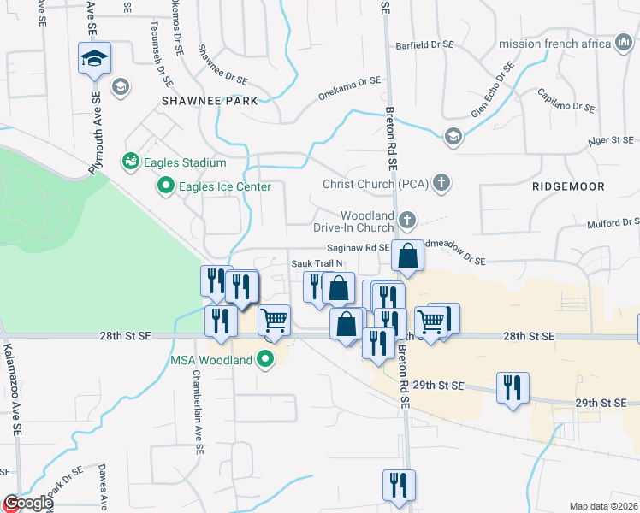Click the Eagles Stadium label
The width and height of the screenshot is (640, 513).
185,162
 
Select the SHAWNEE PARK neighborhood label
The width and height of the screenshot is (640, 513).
209,101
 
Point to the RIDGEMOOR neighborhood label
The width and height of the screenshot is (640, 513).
568,186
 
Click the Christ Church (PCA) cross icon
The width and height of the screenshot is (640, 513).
441,183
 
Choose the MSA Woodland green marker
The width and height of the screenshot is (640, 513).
265,359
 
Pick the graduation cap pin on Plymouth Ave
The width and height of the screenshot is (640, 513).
94,60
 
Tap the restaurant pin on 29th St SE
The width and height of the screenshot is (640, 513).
512,387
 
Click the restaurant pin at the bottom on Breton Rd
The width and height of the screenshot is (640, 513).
398,486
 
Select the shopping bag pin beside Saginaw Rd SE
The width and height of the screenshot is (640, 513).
408,256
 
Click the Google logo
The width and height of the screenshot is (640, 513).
27,504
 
